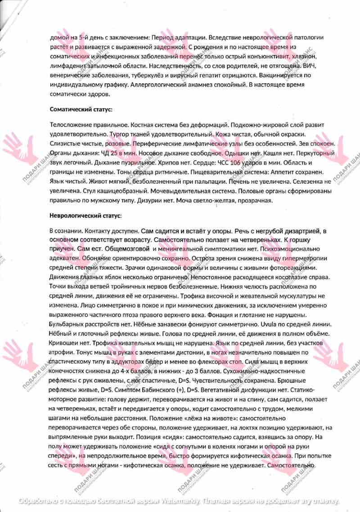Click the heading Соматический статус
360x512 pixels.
(x=81, y=109)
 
